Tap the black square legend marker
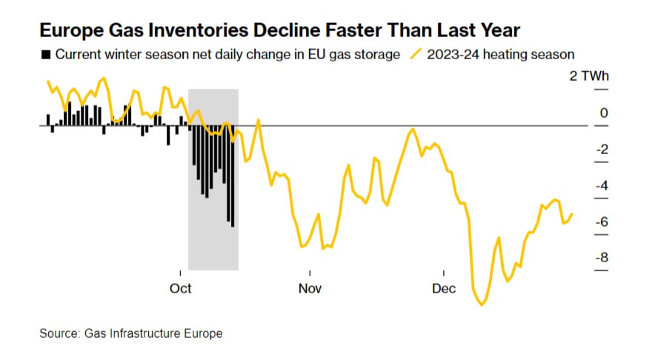[46, 54]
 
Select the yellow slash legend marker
[417, 54]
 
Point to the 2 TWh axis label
[588, 76]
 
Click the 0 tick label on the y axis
[604, 113]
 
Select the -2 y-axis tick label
[602, 150]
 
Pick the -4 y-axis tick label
[602, 186]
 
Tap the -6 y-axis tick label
[602, 221]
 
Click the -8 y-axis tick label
[602, 258]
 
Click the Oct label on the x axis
[181, 288]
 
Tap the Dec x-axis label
[444, 288]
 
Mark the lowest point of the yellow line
[483, 304]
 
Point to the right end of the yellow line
[572, 214]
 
